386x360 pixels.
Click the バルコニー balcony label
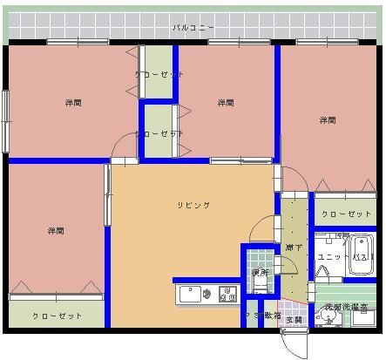(193, 28)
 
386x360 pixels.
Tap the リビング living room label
(193, 205)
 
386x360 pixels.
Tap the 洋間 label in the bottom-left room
(56, 231)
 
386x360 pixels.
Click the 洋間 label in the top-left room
(73, 103)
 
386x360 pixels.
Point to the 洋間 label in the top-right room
(327, 120)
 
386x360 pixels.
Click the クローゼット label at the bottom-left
(57, 316)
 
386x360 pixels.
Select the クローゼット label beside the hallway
(347, 214)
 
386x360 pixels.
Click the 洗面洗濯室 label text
(346, 307)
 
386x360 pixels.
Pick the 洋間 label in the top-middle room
(225, 103)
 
